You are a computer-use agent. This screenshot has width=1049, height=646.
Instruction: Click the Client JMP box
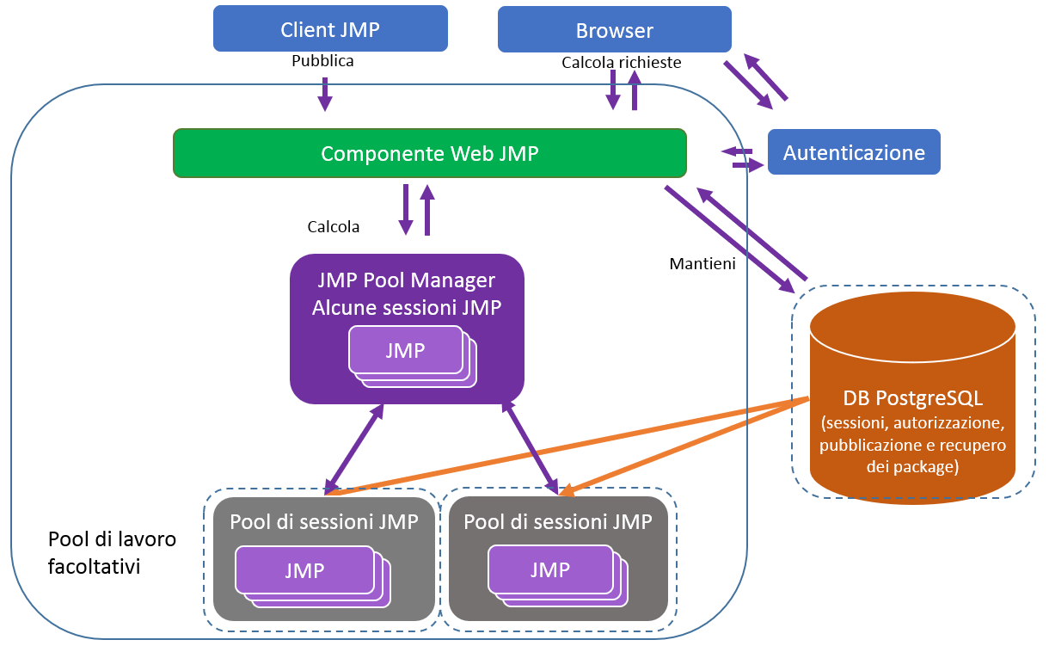point(330,28)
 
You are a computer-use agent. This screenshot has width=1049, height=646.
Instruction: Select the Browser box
point(614,30)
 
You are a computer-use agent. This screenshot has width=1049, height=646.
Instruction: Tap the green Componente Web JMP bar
point(429,153)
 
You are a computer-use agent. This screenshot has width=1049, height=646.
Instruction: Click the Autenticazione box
point(854,152)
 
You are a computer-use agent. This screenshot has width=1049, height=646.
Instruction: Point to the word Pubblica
point(322,61)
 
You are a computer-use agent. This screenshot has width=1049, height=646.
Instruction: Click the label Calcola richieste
point(621,63)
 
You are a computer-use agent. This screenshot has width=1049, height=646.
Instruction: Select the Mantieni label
point(702,264)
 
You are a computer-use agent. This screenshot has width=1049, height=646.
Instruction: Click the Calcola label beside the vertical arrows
point(334,227)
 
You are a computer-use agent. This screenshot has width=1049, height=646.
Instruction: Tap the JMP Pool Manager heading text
point(406,280)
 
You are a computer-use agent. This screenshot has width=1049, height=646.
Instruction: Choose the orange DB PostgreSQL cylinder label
point(912,399)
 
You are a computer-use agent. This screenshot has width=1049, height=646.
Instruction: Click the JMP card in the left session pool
point(304,571)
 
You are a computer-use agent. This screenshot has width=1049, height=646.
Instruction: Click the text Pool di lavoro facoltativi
point(111,553)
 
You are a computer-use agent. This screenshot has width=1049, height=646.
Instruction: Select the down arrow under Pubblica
point(325,94)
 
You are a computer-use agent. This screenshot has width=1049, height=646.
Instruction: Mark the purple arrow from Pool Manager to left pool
point(354,448)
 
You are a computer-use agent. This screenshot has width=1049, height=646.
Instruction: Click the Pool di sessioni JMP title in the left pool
point(324,521)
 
